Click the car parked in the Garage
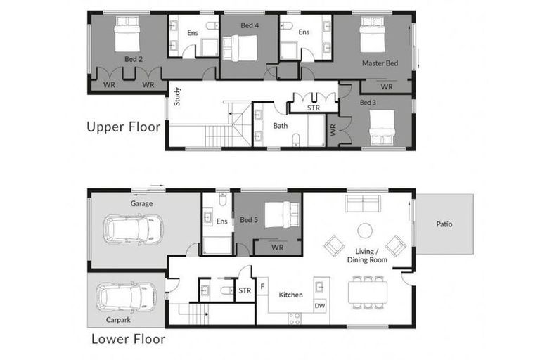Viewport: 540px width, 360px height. point(131,229)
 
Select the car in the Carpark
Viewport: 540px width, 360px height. point(127,297)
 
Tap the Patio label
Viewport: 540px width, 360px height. point(444,224)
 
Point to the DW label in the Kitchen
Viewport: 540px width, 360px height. point(320,305)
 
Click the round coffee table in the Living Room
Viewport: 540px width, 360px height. point(364,231)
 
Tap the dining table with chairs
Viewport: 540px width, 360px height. point(368,292)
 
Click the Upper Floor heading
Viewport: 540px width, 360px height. point(123,127)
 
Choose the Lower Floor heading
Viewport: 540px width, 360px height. point(128,339)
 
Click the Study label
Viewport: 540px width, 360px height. point(177,95)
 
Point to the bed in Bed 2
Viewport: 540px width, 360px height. point(129,33)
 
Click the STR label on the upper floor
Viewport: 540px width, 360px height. point(314,108)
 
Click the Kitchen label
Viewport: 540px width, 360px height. point(290,295)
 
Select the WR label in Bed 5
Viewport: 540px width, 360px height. point(277,247)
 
